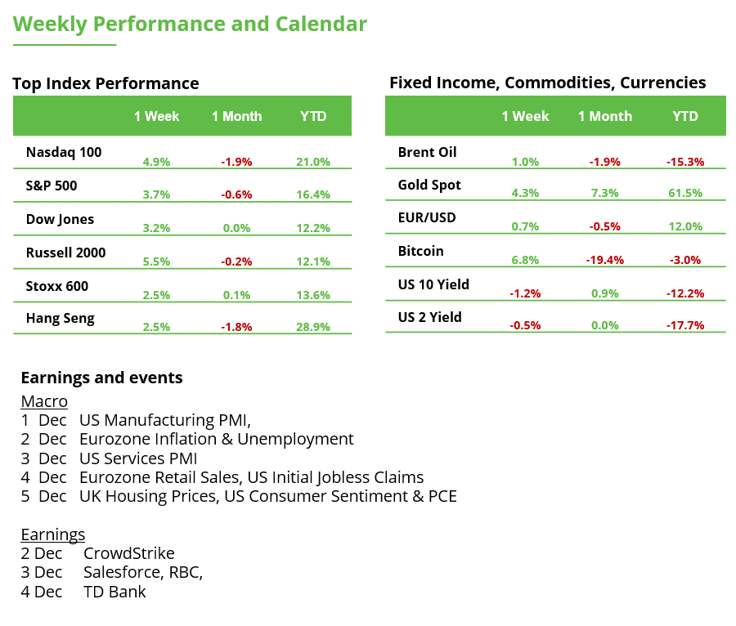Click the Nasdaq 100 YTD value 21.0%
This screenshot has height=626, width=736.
coord(313,162)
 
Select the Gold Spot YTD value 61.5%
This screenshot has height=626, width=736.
coord(686,195)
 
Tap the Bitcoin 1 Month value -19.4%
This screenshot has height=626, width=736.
coord(605,261)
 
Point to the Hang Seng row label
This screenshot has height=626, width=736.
coord(61,319)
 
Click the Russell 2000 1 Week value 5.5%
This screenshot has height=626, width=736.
coord(156,262)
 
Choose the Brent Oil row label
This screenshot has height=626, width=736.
coord(427,152)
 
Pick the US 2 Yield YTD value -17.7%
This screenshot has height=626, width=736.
coord(686,325)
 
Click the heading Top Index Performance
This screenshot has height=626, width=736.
coord(105,83)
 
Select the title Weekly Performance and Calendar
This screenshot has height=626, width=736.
coord(190,25)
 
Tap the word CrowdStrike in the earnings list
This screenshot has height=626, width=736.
coord(128,553)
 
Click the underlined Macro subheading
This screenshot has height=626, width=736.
coord(44,401)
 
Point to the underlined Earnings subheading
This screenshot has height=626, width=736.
coord(52,534)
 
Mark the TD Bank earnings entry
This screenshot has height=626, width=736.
coord(114,592)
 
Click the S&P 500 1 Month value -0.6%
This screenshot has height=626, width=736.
coord(236,195)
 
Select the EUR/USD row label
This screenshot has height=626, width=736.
coord(426,218)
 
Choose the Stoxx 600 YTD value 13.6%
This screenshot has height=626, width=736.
coord(313,295)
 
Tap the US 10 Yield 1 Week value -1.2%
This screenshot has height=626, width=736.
coord(524,293)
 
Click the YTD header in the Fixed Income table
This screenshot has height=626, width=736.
coord(685,116)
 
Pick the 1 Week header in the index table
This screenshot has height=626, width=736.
coord(156,116)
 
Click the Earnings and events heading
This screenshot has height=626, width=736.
coord(101,378)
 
